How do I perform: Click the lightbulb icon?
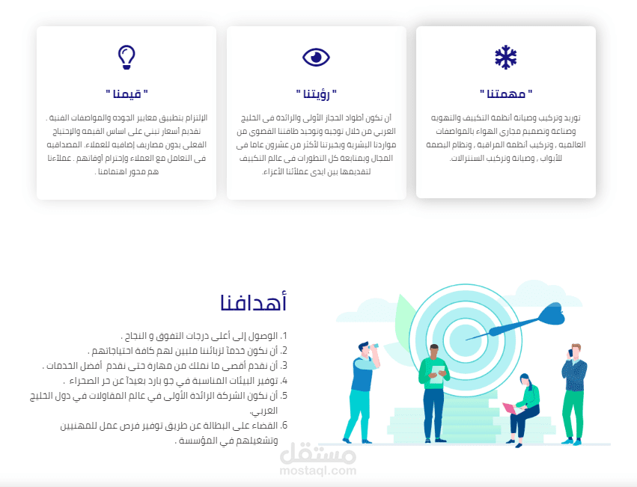coord(127,57)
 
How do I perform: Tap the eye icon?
coord(316,57)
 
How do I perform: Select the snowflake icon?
coord(505,57)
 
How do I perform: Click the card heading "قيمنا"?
coord(127,94)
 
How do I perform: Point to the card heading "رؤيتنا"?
coord(316,94)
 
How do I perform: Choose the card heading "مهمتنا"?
coord(506,94)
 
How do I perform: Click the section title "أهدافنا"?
coord(254,303)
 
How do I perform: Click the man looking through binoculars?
coord(365,389)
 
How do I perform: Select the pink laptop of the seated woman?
coord(509,408)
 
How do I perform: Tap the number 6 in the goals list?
coord(284,426)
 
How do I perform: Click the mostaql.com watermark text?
coord(317,471)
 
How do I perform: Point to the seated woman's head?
coord(525,379)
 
